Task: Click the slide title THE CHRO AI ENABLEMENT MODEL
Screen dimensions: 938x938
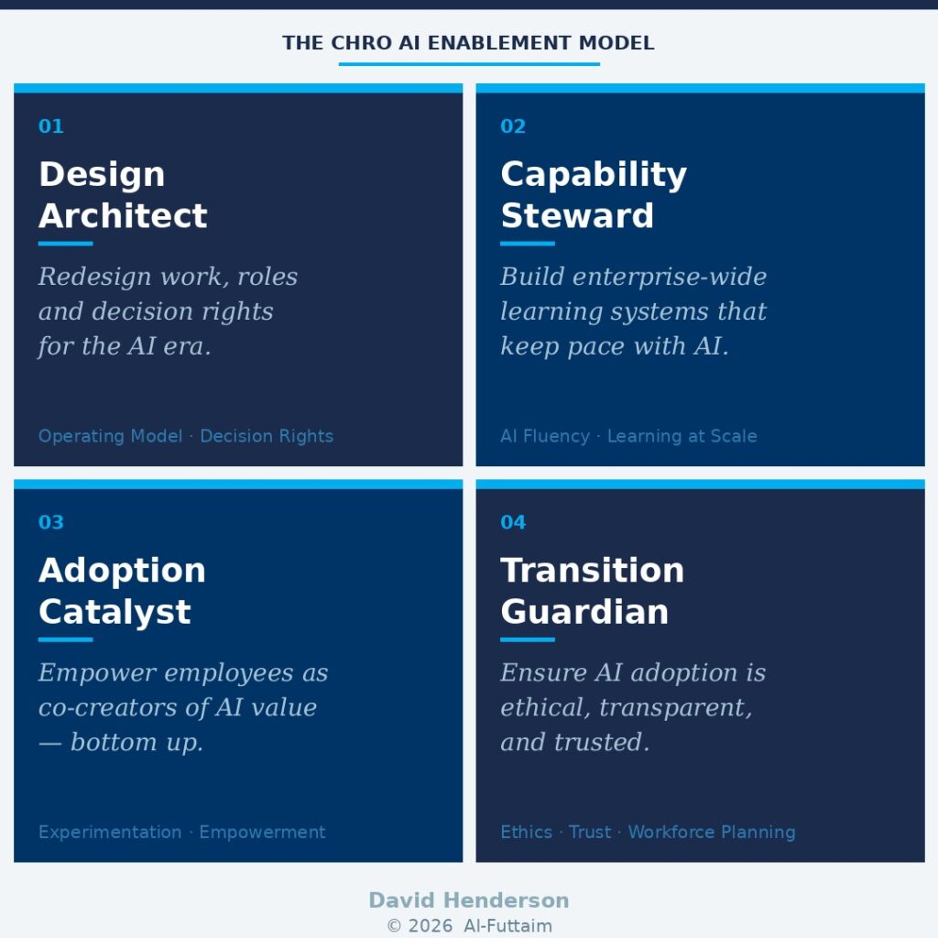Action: tap(468, 43)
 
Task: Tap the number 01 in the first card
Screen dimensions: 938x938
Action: tap(51, 126)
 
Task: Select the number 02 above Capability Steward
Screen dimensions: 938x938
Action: tap(513, 126)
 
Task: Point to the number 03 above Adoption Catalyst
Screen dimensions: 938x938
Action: tap(51, 522)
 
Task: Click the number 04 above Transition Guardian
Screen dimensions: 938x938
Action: tap(513, 522)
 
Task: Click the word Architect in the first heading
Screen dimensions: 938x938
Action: tap(124, 215)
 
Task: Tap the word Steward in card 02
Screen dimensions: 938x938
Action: tap(577, 215)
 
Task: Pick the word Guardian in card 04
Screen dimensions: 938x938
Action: tap(584, 612)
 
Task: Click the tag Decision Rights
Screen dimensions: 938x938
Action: tap(267, 436)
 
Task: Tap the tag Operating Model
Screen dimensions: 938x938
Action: tap(111, 436)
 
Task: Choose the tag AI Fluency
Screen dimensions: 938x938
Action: tap(545, 436)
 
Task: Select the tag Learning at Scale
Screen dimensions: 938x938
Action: tap(682, 436)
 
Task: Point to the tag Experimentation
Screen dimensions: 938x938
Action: tap(110, 832)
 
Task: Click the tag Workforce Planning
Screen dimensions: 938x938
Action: tap(712, 832)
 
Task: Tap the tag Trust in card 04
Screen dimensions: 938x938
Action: tap(590, 832)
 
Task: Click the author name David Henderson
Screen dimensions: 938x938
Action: tap(469, 900)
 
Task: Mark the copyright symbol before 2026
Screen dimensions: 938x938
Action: tap(394, 925)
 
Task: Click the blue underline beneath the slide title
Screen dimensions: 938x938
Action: tap(469, 64)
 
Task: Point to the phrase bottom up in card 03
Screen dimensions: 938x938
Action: tap(137, 742)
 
